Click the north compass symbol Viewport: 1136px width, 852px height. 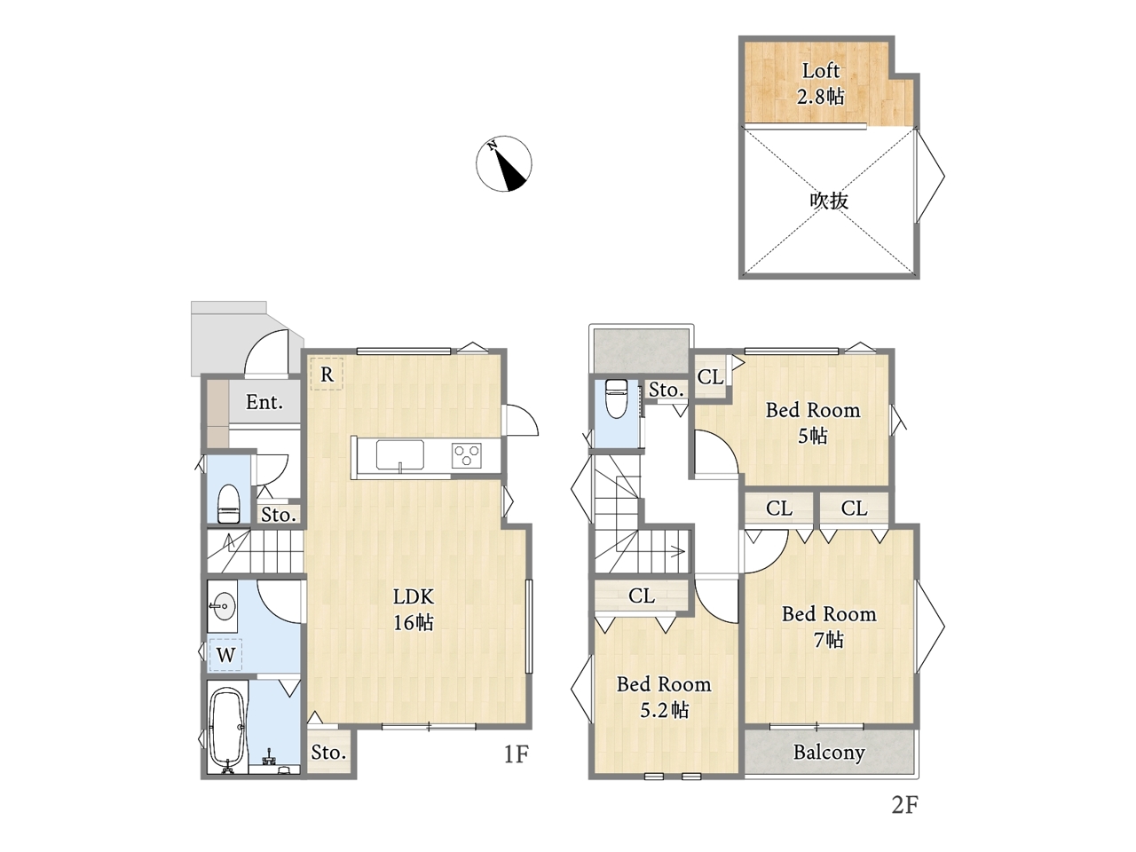click(503, 163)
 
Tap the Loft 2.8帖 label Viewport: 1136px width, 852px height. click(820, 83)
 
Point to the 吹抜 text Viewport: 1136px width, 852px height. click(829, 201)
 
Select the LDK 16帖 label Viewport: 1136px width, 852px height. click(413, 610)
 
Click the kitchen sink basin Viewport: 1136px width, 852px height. click(399, 454)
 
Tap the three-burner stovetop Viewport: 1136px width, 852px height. click(466, 456)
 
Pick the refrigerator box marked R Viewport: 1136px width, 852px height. click(327, 374)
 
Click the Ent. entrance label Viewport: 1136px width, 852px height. click(264, 402)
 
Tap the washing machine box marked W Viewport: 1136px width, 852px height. click(225, 655)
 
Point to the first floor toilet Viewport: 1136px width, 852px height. click(228, 504)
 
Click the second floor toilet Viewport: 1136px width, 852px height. click(616, 398)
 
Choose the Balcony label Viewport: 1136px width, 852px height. click(829, 753)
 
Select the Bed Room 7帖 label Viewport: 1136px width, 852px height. click(829, 627)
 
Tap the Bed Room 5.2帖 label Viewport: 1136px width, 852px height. click(664, 698)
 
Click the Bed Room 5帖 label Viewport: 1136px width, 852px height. click(813, 422)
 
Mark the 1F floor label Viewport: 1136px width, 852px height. click(516, 754)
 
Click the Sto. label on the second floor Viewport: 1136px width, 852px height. click(667, 390)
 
